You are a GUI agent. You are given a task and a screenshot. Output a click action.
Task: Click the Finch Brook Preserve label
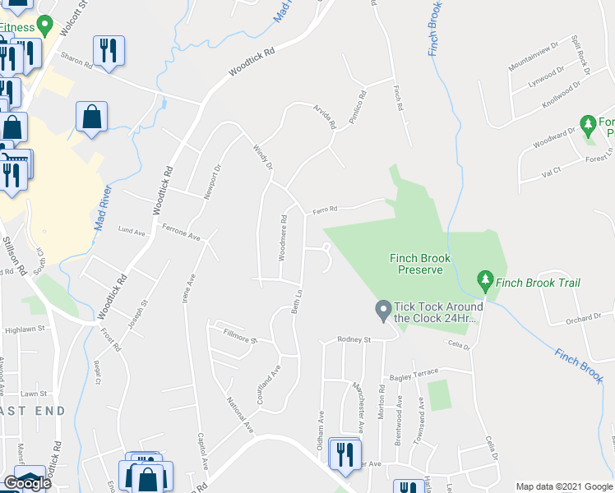tap(420, 264)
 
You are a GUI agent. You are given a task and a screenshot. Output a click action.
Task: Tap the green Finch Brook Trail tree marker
tap(485, 283)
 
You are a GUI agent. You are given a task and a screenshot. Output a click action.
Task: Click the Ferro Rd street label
tap(325, 210)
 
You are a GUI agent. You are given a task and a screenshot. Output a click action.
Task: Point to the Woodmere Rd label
tap(283, 238)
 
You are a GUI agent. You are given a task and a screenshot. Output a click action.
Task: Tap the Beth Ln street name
tap(300, 305)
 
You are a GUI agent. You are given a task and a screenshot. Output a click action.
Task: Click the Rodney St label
tap(355, 339)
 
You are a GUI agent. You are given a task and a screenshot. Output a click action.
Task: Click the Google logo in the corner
tap(27, 483)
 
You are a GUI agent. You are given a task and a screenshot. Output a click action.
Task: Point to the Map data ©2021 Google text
tap(564, 486)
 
